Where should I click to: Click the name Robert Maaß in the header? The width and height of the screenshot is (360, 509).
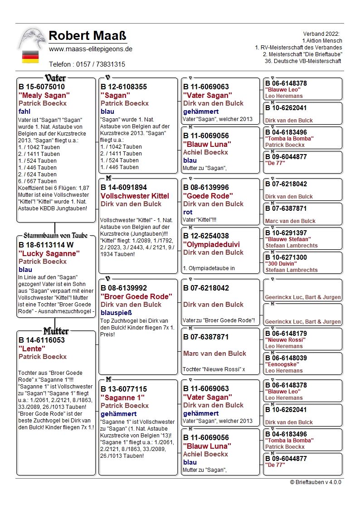coord(87,35)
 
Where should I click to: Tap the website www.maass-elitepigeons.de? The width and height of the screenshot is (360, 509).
coord(91,49)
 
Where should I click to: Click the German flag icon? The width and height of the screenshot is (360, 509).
coord(30,57)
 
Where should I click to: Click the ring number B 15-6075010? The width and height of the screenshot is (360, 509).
coord(42,87)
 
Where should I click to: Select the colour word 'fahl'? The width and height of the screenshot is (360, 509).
coord(24,111)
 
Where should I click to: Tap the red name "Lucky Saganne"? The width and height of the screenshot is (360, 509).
coord(49,253)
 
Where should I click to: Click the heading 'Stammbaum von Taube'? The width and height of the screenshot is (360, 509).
coord(56,236)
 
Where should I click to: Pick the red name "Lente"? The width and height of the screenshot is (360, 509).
coord(32,349)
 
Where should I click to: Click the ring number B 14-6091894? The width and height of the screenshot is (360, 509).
coord(124,187)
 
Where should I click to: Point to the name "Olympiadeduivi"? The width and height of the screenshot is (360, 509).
coord(211,244)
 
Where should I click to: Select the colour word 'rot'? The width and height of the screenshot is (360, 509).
coord(188,212)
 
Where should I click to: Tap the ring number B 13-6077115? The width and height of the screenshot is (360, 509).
coord(124,389)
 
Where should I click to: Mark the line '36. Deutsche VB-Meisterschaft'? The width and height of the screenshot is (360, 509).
coord(303,61)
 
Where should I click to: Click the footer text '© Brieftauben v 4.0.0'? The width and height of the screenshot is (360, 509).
coord(316,482)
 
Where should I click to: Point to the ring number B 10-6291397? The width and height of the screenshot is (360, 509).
coord(286,233)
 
